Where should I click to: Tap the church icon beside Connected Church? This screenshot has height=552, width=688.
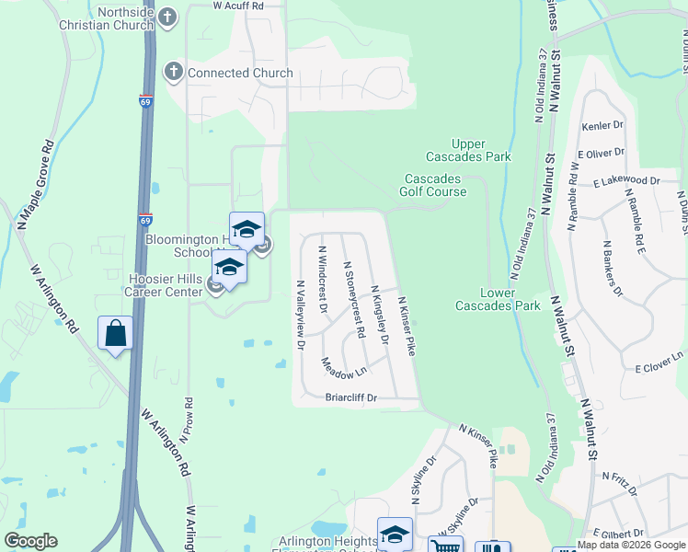pos(174,72)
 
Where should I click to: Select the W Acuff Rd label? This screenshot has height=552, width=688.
pos(238,6)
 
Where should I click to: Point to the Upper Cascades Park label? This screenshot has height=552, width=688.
pos(480,150)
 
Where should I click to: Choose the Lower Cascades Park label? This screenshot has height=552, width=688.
pos(498,299)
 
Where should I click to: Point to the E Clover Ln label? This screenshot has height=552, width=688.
pos(659,361)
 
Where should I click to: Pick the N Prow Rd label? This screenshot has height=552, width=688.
pos(187,420)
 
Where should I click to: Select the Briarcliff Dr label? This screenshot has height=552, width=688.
pos(359,398)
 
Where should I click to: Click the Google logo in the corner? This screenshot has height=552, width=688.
pos(30,541)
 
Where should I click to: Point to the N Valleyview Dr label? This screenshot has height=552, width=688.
pos(300,316)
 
